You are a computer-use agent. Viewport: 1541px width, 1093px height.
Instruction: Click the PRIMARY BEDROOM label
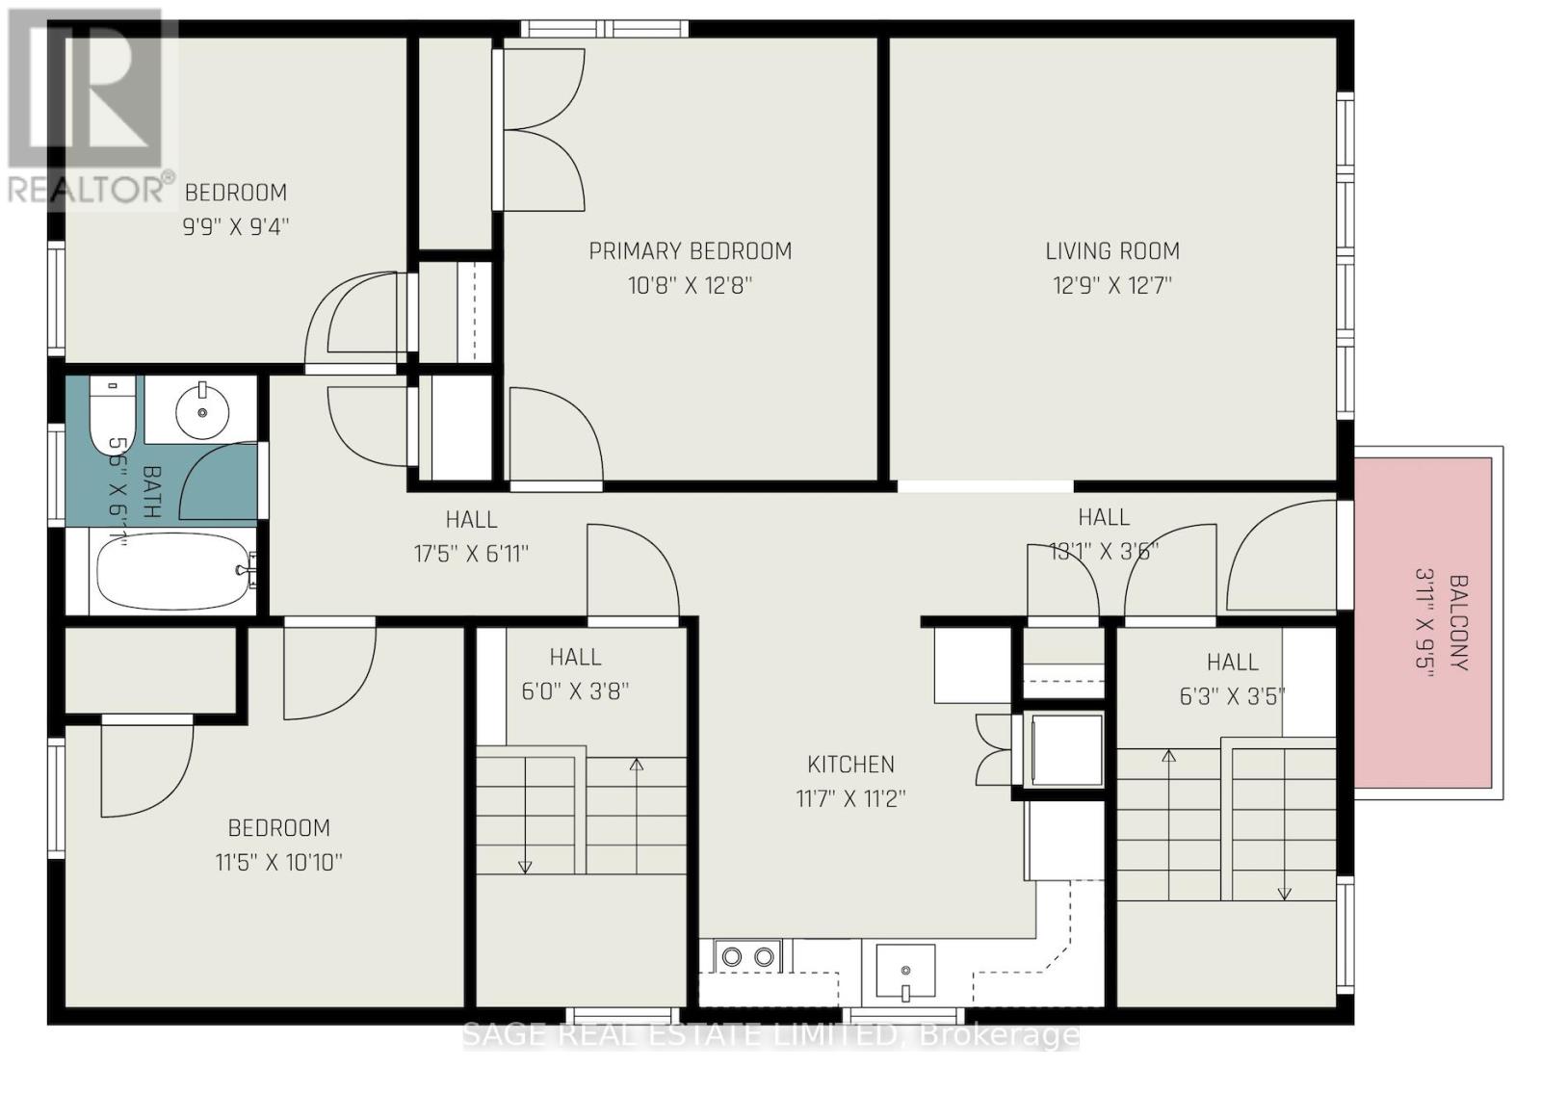pos(690,251)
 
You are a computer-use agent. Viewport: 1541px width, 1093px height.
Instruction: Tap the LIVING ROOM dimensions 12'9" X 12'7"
pos(1112,286)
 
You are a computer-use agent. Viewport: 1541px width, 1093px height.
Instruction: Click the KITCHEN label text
pos(850,765)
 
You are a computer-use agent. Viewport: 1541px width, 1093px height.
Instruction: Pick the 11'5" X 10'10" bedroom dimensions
pos(278,862)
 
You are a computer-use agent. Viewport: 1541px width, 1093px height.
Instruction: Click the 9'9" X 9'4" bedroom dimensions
pos(236,227)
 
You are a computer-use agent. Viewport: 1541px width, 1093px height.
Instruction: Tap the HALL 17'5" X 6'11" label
pos(471,536)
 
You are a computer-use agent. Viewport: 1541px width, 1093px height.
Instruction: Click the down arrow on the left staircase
pos(525,864)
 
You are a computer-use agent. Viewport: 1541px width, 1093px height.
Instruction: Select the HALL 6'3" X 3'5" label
pos(1232,679)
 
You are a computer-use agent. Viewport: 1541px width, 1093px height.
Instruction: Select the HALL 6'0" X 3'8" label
pos(575,674)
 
